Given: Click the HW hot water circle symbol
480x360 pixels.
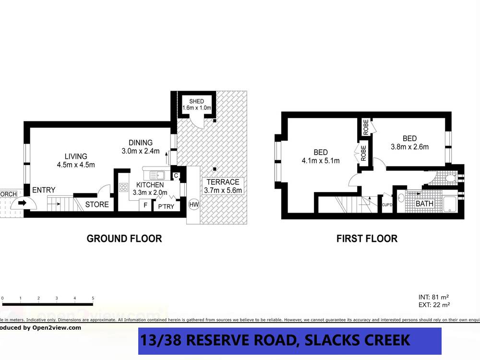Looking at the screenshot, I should (x=194, y=204).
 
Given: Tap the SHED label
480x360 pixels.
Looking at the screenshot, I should (x=196, y=101).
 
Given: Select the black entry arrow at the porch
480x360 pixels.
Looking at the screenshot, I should (x=22, y=203).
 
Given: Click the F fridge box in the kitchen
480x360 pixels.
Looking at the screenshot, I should (x=145, y=205).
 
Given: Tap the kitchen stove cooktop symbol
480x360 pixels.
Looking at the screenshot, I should (x=124, y=189).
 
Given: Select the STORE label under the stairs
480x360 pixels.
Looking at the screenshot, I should (x=96, y=204).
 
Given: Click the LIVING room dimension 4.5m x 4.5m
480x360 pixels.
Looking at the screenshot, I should (x=76, y=165).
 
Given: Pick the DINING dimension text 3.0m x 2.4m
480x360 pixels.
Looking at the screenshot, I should (x=140, y=151).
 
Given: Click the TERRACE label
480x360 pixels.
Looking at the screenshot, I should (x=223, y=182).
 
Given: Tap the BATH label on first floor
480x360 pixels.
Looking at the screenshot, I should (x=424, y=204).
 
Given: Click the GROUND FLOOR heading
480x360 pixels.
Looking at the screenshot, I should (x=124, y=239).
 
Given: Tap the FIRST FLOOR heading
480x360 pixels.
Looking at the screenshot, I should (x=367, y=239).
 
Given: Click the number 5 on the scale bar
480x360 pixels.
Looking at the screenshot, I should (x=93, y=298).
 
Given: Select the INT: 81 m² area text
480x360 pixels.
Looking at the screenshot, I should (x=434, y=297).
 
